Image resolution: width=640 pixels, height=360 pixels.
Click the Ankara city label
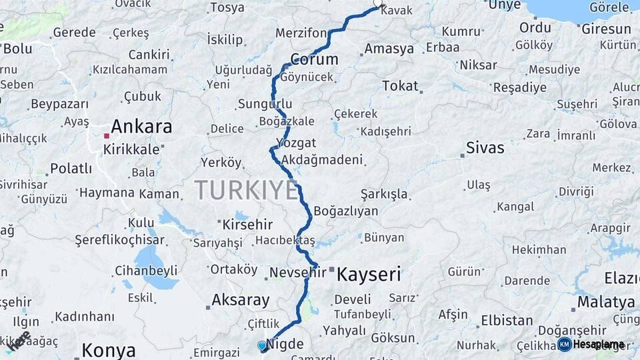pos(141,127)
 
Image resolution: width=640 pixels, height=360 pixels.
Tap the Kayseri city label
pos(369,274)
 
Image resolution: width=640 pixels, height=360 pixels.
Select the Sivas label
pos(485,148)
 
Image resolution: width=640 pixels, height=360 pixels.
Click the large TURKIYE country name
pos(247,191)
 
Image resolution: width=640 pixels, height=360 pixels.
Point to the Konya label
pos(109,350)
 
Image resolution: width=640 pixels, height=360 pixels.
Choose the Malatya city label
pos(605,302)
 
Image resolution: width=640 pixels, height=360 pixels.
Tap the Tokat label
pos(400,86)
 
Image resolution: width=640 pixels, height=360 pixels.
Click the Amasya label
pos(389,49)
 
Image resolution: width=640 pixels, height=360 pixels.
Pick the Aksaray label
pos(240,300)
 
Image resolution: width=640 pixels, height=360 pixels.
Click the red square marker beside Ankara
pos(106,136)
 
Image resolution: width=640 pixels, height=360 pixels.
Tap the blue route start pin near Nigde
pos(261,345)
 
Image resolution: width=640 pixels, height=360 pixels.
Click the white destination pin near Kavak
pos(378,3)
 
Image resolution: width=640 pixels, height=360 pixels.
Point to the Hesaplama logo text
pos(598,345)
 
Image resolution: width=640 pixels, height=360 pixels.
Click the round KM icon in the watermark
pos(564,344)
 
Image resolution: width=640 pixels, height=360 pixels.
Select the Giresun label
pos(605,29)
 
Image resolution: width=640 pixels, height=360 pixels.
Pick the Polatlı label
pos(71,168)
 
